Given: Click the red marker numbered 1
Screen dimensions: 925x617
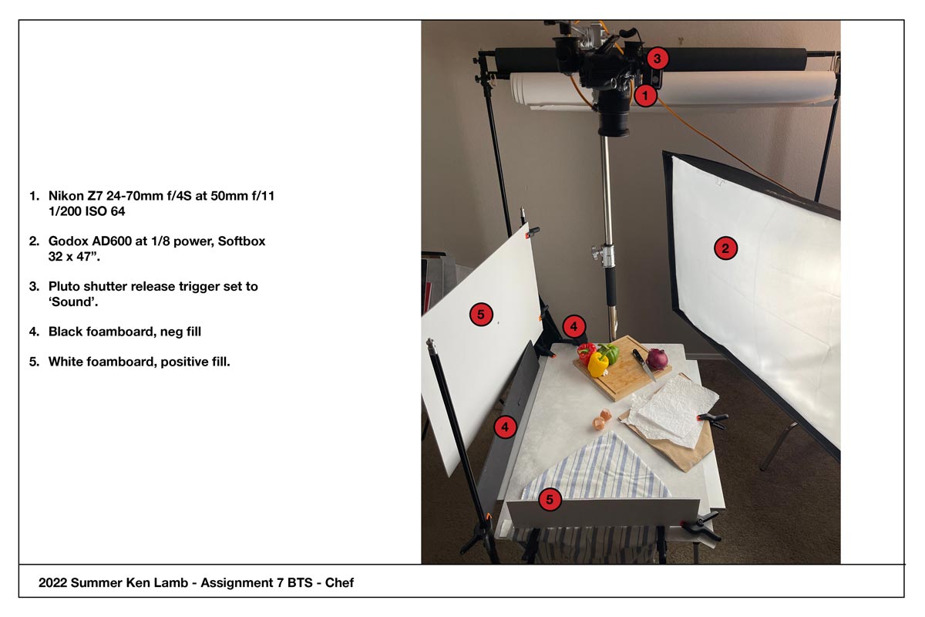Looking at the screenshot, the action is [645, 96].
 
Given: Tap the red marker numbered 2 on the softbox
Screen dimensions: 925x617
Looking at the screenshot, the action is [725, 248].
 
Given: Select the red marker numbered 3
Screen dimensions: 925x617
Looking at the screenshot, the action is [657, 59].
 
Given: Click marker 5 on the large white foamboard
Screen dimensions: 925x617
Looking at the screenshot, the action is [481, 315].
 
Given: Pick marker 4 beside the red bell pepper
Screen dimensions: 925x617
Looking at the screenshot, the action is [573, 326].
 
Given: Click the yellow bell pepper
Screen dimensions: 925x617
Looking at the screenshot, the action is [598, 364].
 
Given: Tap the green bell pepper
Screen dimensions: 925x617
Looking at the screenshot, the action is [609, 353].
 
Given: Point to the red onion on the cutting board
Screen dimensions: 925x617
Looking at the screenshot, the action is [657, 359].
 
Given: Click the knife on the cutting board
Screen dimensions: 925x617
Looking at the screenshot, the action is [644, 365].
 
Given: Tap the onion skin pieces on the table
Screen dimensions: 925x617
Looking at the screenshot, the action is [602, 420].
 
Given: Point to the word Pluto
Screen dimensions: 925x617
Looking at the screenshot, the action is [63, 286].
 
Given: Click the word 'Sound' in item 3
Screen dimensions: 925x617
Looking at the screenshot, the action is [73, 302].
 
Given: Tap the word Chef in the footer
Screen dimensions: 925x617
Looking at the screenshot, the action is [339, 583].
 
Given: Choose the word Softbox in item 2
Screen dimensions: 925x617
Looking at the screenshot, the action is [241, 241].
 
